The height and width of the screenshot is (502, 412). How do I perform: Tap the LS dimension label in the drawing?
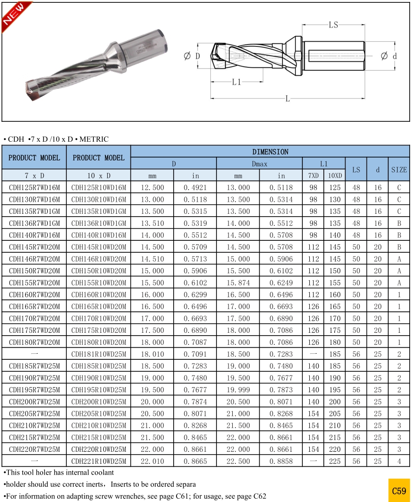[334, 25]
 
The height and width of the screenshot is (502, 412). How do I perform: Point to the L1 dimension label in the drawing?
[237, 82]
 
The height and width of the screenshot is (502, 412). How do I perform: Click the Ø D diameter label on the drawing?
[192, 56]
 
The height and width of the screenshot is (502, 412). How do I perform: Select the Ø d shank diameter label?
[389, 56]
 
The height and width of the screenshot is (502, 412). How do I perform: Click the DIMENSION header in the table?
[270, 152]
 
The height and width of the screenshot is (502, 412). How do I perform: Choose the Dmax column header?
[259, 164]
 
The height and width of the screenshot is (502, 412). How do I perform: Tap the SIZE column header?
[399, 170]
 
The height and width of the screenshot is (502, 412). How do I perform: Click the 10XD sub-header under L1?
[335, 176]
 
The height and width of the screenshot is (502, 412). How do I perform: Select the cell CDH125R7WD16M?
[34, 188]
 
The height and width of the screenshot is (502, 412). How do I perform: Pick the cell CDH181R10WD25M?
[98, 354]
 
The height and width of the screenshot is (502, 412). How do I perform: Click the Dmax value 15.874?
[238, 283]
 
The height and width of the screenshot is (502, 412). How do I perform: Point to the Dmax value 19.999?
[238, 390]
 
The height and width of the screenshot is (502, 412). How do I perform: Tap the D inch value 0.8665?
[195, 461]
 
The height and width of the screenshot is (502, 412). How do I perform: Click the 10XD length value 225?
[335, 461]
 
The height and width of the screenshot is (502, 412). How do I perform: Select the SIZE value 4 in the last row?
[399, 461]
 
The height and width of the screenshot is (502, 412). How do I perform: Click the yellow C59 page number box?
[399, 490]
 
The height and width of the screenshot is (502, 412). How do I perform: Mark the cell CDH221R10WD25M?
[98, 461]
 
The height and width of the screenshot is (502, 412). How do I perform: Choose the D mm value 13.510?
[152, 223]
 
